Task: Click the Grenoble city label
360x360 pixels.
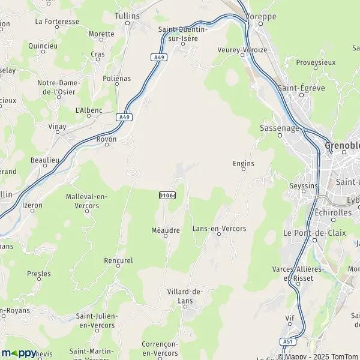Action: click(x=342, y=145)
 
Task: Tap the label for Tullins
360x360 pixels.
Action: click(x=127, y=16)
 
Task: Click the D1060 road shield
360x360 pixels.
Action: click(x=167, y=195)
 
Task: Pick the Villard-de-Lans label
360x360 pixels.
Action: click(x=185, y=295)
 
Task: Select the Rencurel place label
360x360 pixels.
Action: click(x=118, y=260)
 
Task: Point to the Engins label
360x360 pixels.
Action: click(x=244, y=163)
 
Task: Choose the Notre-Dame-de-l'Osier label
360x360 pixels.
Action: click(x=61, y=86)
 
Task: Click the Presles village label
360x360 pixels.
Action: click(x=38, y=274)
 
